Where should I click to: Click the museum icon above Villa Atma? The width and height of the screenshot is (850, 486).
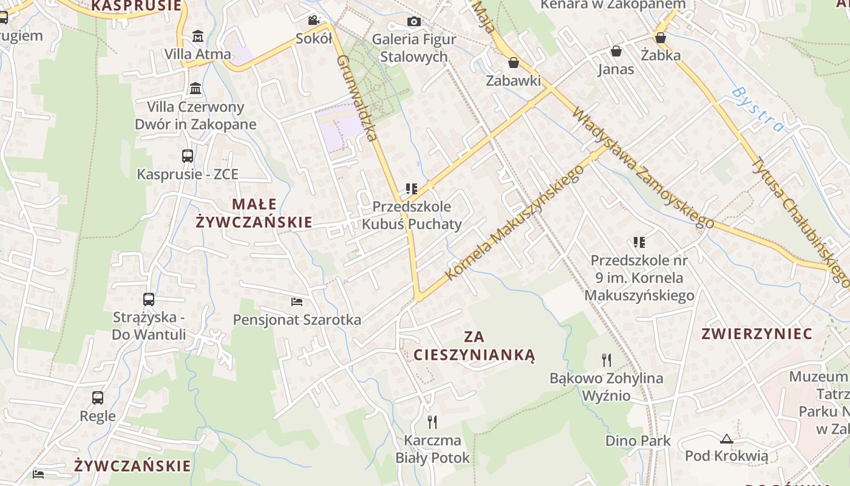[x=198, y=36]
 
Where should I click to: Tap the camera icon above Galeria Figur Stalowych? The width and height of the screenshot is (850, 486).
[x=413, y=22]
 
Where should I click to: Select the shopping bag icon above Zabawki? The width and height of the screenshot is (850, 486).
[x=514, y=63]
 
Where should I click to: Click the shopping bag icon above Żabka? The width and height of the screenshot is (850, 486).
[x=661, y=38]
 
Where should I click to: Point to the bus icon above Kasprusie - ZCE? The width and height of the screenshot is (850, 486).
[x=188, y=156]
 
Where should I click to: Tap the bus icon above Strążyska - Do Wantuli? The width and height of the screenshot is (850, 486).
[x=149, y=299]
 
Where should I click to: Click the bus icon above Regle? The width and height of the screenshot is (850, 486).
[x=98, y=398]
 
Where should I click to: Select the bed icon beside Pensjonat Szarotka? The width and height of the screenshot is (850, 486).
[x=297, y=301]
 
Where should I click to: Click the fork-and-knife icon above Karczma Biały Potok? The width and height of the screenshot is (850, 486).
[x=432, y=422]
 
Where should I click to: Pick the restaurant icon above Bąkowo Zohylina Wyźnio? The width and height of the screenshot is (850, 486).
[x=607, y=360]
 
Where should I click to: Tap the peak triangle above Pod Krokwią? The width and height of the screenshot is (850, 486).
[x=726, y=439]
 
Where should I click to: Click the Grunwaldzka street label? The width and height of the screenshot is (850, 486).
[x=358, y=98]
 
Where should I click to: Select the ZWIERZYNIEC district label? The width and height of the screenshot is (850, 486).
[x=756, y=334]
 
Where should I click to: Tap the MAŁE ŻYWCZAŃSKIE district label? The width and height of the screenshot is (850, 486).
[x=254, y=213]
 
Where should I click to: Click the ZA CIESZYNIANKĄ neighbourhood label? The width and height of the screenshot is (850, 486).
[x=474, y=346]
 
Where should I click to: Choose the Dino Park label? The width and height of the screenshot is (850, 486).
[x=637, y=440]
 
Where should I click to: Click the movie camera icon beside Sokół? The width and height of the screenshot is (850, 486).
[x=313, y=21]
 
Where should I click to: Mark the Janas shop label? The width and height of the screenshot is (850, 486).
[x=616, y=69]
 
